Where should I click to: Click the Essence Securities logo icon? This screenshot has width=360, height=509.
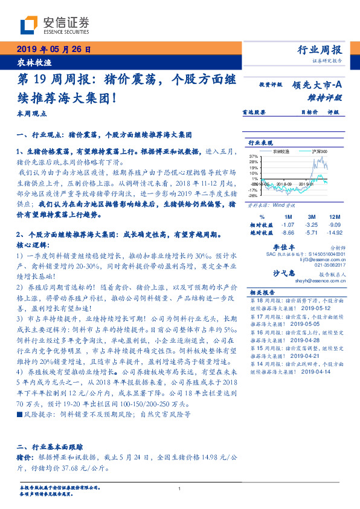(28, 25)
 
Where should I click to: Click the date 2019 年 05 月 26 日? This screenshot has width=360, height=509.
(53, 50)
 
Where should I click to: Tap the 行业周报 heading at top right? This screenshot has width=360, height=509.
(320, 50)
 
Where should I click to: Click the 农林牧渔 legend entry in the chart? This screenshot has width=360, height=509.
(281, 151)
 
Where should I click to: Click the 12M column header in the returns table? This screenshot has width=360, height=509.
(334, 216)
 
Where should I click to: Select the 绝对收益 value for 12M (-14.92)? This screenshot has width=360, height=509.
(333, 232)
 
